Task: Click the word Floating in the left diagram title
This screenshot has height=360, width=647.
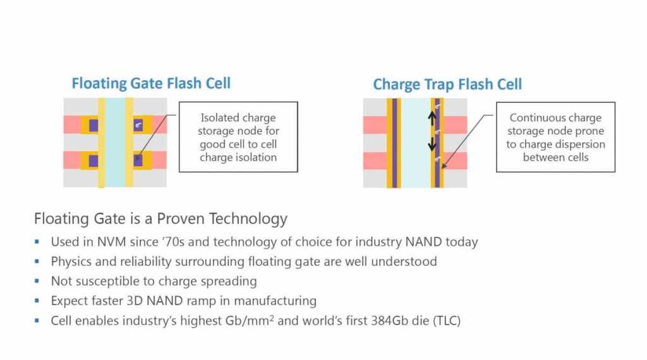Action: tap(99, 83)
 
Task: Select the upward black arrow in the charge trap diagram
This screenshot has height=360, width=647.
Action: tap(432, 118)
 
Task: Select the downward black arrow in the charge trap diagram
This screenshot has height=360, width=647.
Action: tap(432, 143)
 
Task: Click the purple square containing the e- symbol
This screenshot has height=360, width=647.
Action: tap(138, 125)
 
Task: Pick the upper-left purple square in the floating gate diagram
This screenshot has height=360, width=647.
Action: tap(94, 125)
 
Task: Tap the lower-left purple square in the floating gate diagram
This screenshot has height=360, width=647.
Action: tap(94, 161)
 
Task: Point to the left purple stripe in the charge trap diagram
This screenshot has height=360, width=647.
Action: tap(394, 143)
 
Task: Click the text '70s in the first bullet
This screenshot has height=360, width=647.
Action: tap(174, 242)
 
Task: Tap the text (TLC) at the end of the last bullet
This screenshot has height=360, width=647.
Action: tap(447, 320)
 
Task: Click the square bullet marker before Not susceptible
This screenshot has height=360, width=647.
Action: tap(37, 281)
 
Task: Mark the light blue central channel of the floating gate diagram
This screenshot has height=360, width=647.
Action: tap(115, 143)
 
